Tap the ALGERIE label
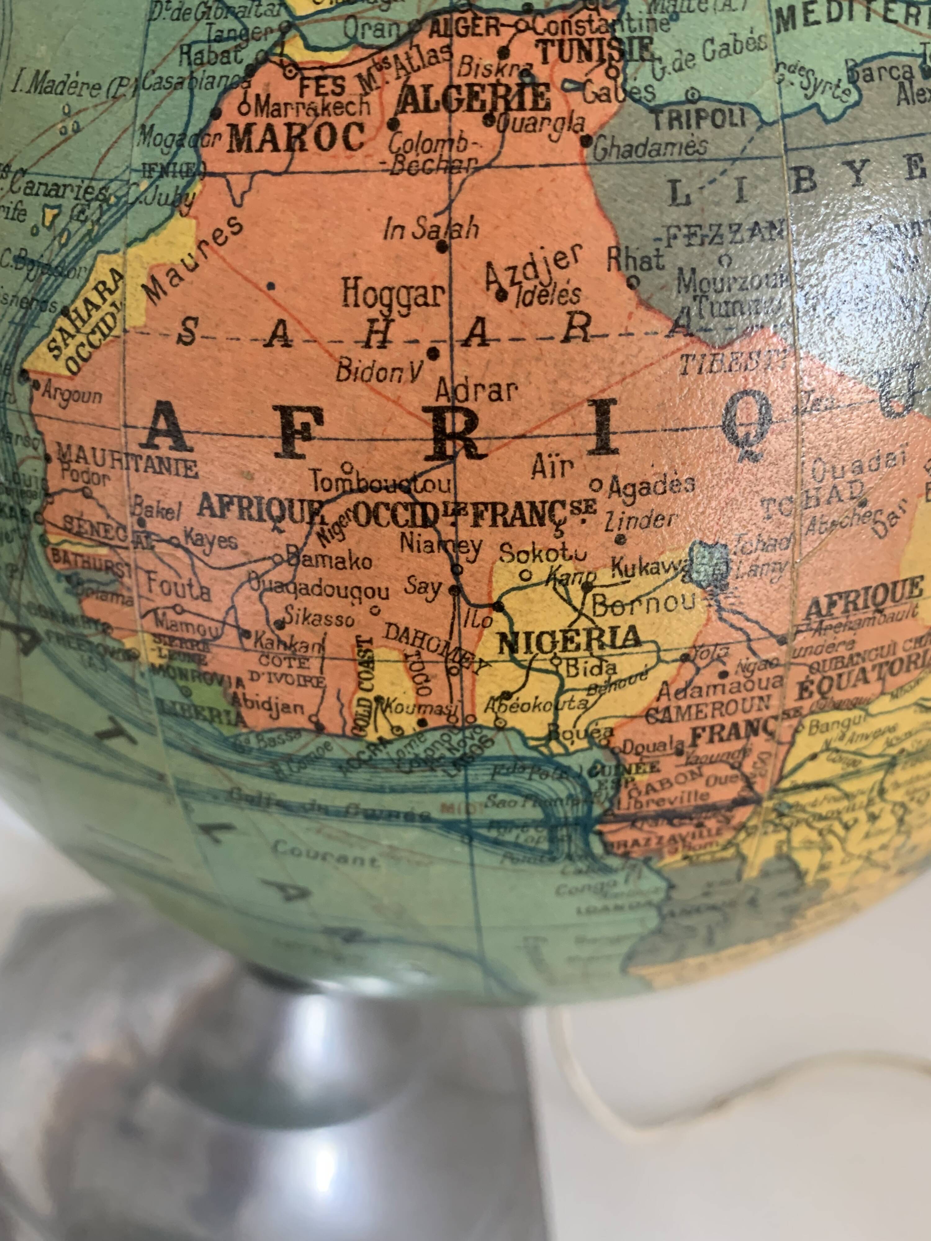[473, 98]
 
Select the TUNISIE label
[596, 51]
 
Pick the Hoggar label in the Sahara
[394, 293]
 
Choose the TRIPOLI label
[699, 119]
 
